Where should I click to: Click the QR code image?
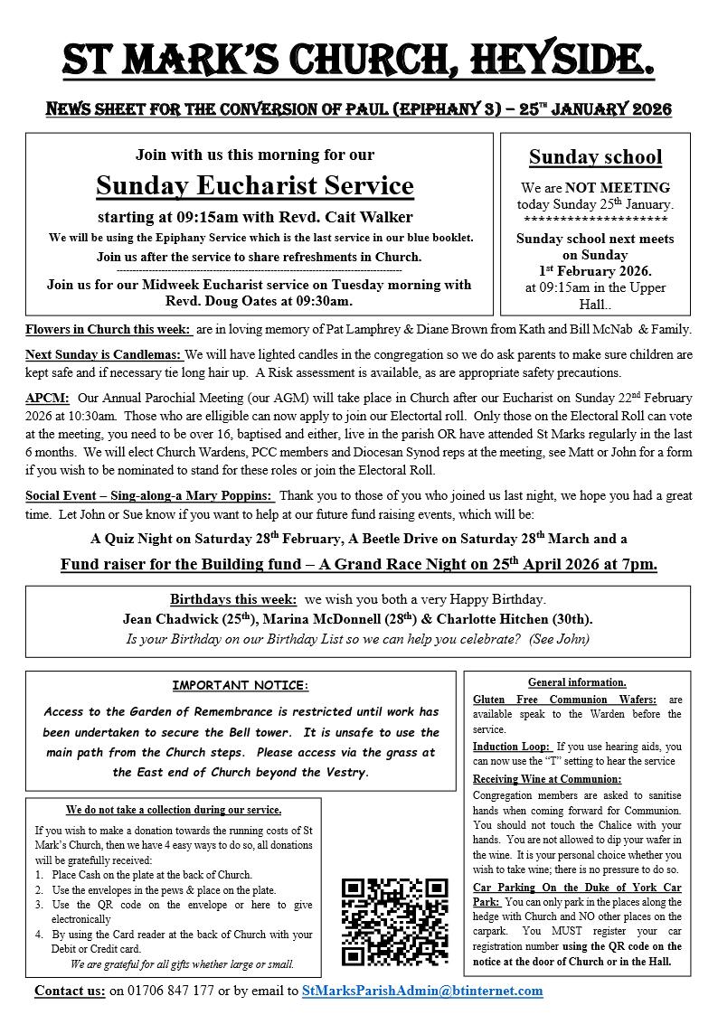[394, 921]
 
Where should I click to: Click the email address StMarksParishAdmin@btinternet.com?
[422, 991]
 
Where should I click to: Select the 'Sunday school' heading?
[595, 157]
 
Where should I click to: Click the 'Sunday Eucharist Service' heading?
[255, 186]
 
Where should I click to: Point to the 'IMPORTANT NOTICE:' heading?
[241, 687]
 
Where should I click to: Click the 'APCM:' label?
[47, 398]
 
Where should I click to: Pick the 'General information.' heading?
[577, 682]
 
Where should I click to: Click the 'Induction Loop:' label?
[512, 747]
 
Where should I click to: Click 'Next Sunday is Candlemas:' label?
[103, 354]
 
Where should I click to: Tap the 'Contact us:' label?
[70, 991]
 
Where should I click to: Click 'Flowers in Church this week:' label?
[109, 329]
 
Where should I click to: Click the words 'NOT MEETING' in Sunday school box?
[618, 188]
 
